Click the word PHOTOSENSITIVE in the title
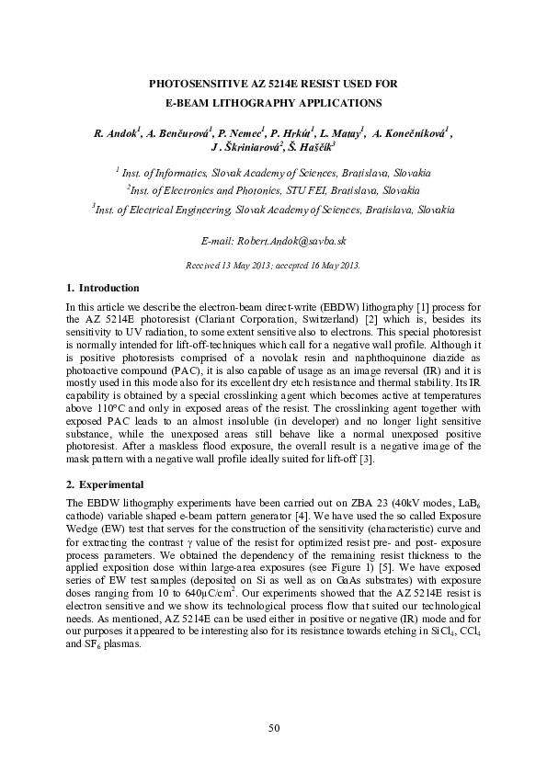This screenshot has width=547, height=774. coord(203,83)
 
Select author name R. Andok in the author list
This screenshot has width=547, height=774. coord(115,134)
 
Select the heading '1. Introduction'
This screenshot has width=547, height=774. coord(103,288)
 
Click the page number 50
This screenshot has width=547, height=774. coord(273,728)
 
